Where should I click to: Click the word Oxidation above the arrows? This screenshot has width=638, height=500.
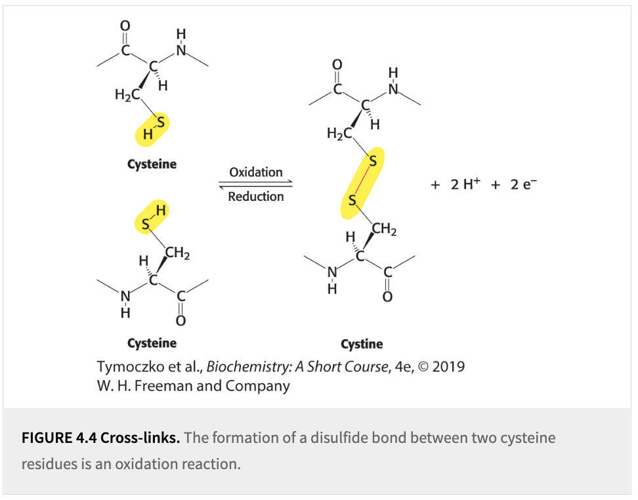[255, 172]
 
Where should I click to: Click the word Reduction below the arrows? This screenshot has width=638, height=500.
[256, 196]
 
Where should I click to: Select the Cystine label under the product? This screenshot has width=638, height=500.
[362, 344]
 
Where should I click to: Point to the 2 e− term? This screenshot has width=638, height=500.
[522, 184]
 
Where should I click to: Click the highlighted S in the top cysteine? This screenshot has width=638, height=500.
[160, 121]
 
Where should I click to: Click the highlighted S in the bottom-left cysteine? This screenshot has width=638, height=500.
[146, 225]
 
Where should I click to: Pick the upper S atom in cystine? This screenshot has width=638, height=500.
[373, 161]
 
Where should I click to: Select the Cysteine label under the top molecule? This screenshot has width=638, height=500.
[152, 164]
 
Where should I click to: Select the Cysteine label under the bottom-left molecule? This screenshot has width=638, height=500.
[152, 343]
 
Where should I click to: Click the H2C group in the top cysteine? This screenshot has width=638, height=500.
[127, 95]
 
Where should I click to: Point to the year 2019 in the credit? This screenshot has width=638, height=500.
[448, 366]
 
